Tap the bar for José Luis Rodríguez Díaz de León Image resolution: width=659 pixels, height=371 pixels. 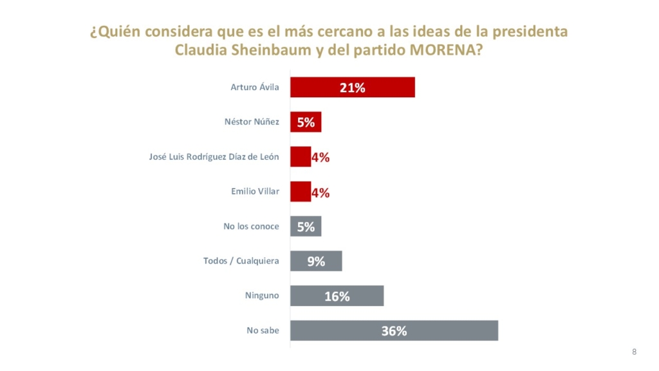(x=301, y=157)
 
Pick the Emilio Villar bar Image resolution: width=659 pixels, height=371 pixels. (x=301, y=192)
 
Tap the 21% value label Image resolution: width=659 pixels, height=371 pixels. (x=353, y=88)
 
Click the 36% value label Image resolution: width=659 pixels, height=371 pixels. (x=394, y=331)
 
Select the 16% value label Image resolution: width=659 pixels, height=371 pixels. (x=337, y=296)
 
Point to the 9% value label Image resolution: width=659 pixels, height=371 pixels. (x=316, y=262)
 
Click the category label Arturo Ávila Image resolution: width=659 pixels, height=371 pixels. (x=255, y=88)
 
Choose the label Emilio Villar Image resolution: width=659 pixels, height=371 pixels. (x=255, y=192)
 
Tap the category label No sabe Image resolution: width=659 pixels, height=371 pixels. (x=263, y=331)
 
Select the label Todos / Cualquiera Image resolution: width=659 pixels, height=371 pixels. (x=241, y=262)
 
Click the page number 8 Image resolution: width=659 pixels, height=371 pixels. (x=634, y=352)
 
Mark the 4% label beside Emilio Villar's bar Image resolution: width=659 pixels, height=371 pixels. (x=320, y=192)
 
